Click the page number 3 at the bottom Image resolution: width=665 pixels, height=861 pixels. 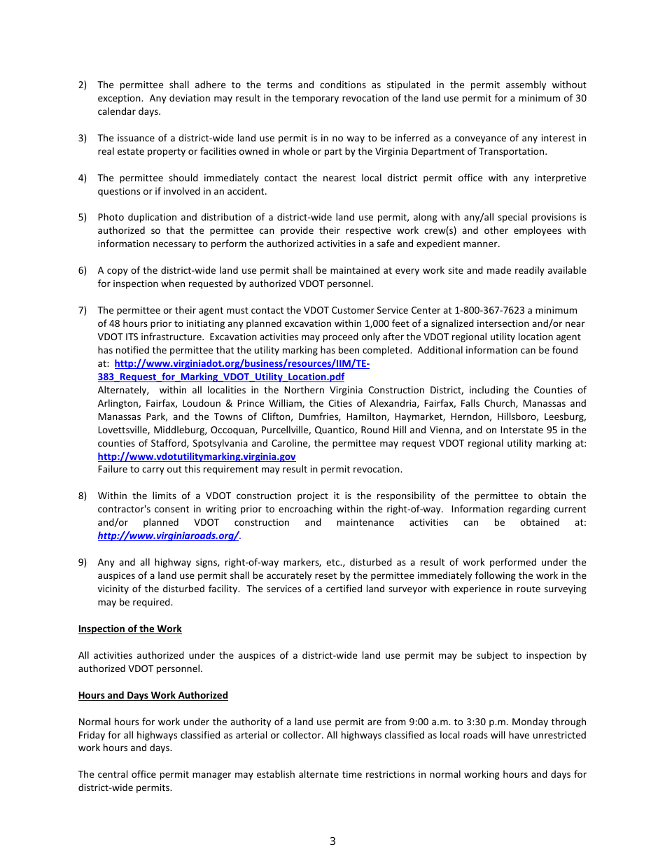332,841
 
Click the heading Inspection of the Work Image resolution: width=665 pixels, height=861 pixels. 129,629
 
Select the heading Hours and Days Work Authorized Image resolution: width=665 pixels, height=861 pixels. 153,695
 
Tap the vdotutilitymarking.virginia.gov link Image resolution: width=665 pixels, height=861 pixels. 196,456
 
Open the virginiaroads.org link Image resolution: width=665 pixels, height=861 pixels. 168,535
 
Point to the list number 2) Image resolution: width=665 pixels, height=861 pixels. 82,85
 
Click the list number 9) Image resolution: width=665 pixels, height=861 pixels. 82,562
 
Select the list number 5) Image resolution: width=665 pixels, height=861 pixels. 82,217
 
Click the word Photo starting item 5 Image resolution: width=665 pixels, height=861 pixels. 111,217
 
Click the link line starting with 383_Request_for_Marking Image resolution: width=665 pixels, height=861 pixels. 220,377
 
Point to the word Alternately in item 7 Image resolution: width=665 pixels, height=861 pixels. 122,390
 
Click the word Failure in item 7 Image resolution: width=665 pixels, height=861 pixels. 113,470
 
